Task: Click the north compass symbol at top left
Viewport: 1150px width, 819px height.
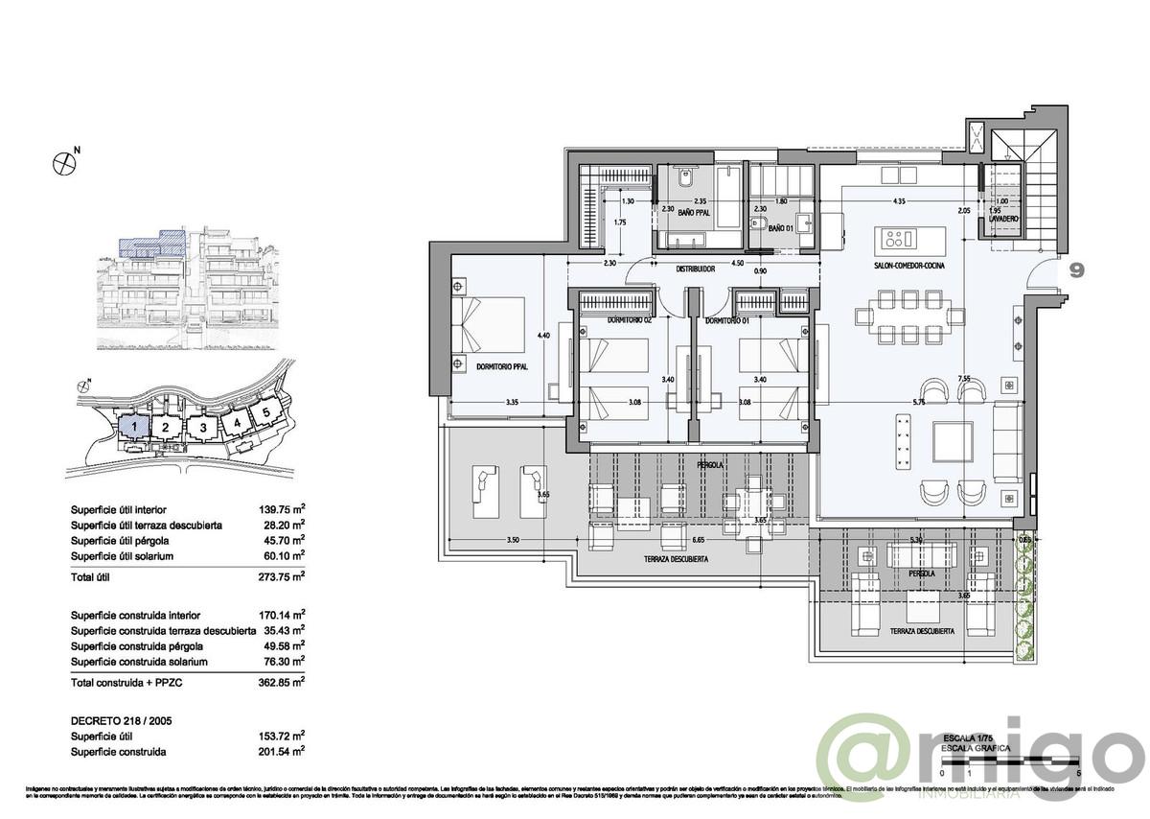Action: point(63,162)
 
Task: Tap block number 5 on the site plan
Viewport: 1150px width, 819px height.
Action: point(264,412)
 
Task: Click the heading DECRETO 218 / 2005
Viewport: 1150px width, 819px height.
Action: point(121,719)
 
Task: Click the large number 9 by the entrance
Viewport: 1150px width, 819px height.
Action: point(1077,270)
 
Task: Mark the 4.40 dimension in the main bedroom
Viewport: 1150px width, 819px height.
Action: point(543,335)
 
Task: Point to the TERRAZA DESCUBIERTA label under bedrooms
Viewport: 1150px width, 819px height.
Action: point(677,558)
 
